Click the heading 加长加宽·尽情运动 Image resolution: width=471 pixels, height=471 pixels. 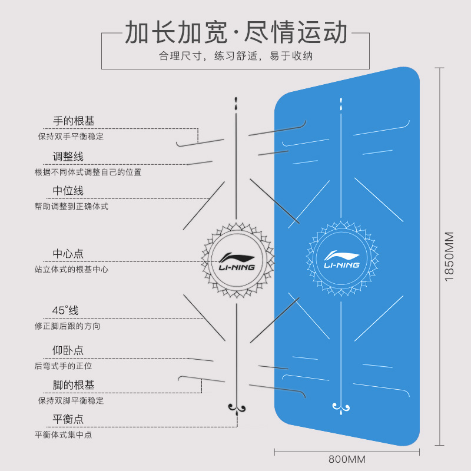pos(235,34)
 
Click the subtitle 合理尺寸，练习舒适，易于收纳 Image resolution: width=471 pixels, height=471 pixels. pos(235,57)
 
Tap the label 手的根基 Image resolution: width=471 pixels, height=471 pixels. pos(74,121)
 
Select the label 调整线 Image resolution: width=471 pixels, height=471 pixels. pos(68,156)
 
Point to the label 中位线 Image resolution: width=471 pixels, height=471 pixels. pos(68,190)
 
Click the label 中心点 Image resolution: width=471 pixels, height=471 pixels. pos(68,254)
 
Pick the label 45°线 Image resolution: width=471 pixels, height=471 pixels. pos(65,310)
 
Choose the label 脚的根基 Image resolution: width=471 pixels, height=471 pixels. pos(74,384)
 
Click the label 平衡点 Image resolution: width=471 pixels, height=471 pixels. pos(68,419)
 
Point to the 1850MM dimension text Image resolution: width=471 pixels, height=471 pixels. pos(449,256)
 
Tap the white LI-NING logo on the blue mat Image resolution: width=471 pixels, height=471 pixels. pos(341,259)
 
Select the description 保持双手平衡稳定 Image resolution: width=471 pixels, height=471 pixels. pos(71,136)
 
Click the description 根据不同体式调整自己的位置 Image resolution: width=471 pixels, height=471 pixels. pos(88,172)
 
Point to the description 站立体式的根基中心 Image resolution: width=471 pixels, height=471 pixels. pos(71,269)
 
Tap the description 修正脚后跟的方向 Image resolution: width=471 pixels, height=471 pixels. pos(67,326)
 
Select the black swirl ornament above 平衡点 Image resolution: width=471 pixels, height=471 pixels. pos(237,407)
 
